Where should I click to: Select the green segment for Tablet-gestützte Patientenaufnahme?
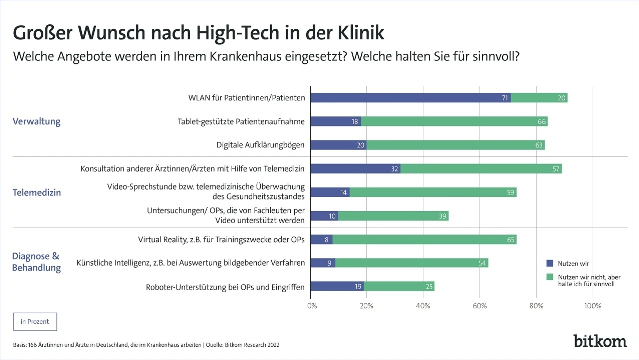pos(454,121)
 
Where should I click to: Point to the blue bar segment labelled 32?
pos(355,169)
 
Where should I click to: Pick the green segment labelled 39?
pos(393,216)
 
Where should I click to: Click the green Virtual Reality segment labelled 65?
pos(424,240)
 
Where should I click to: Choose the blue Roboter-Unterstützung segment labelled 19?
pos(337,287)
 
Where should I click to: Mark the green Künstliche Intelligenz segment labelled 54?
pos(412,263)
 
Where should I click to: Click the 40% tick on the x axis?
pos(423,305)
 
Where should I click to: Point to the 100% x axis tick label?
pos(593,305)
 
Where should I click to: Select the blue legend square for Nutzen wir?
pos(550,263)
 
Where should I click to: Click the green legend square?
pos(550,276)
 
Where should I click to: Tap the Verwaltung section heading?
pos(36,121)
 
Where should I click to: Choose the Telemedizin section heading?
pos(37,192)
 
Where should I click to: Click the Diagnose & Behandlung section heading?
pos(36,262)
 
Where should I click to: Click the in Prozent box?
pos(35,322)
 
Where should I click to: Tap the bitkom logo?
pos(600,341)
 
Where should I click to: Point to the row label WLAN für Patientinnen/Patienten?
pos(247,98)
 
